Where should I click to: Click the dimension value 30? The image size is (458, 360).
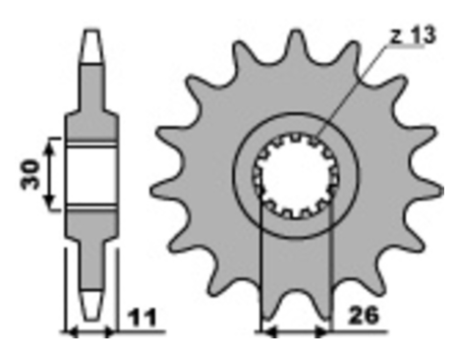[x=29, y=174]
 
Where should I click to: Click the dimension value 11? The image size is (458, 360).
[x=143, y=317]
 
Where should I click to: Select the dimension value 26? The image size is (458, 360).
[x=364, y=316]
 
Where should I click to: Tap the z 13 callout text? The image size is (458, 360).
[x=414, y=35]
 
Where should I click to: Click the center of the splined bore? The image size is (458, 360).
[x=297, y=176]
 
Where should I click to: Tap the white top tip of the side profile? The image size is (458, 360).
[x=91, y=46]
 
